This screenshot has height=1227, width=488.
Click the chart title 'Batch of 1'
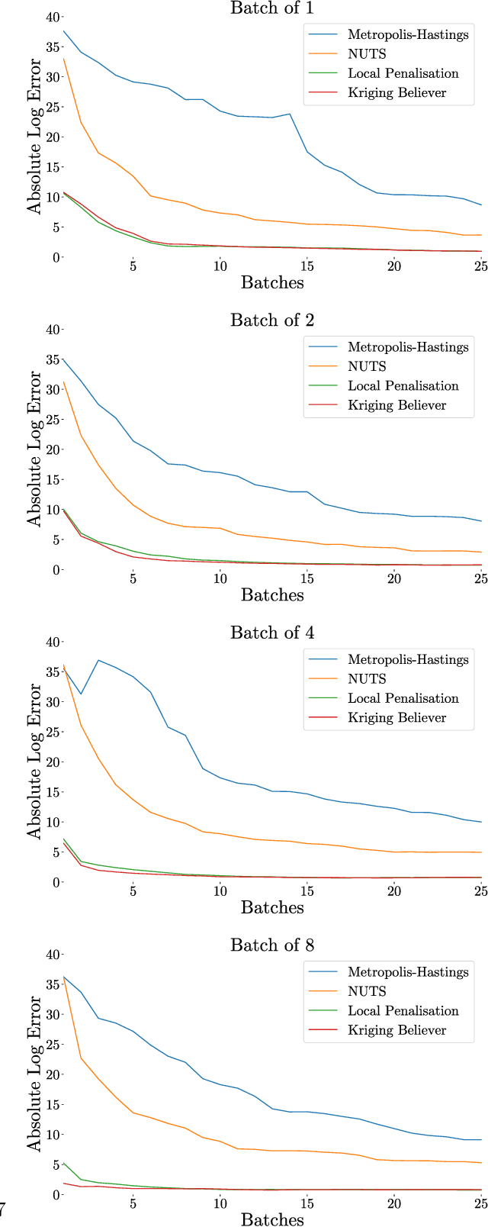272,8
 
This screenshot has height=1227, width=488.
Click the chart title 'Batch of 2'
272,320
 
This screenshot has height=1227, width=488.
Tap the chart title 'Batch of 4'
272,633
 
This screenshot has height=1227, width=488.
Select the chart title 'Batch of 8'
272,945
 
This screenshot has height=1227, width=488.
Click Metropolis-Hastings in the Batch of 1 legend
408,34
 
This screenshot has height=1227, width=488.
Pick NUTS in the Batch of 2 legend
367,366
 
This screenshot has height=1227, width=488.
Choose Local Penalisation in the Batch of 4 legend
403,698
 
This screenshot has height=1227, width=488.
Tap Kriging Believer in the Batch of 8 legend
397,1030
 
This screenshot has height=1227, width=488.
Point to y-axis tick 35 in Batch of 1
50,47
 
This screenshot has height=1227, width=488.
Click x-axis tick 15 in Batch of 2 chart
307,579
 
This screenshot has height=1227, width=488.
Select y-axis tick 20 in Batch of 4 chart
50,762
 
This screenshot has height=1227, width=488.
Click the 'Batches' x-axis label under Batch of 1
272,282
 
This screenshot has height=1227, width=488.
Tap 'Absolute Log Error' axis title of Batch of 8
34,1074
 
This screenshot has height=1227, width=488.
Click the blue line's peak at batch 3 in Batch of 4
98,660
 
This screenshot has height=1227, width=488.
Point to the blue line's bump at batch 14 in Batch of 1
290,114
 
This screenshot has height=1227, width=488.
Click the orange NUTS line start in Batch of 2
63,382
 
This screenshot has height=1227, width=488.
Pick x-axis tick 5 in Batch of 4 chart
133,891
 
